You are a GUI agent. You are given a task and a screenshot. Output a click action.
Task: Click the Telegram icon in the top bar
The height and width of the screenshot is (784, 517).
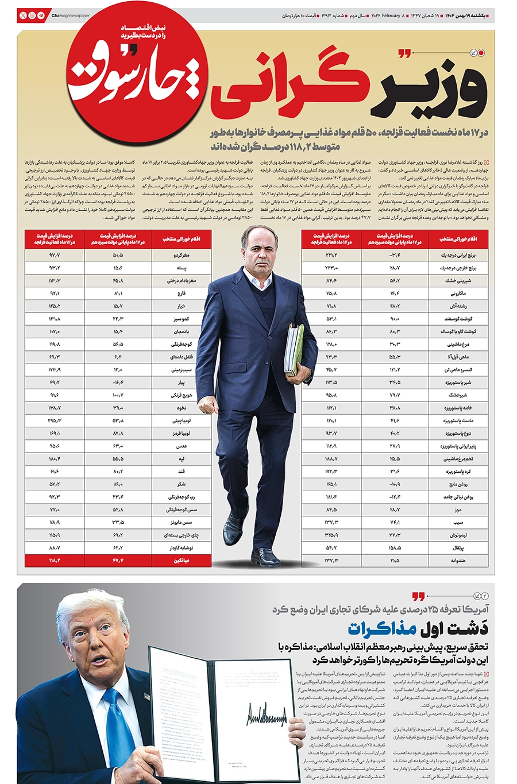point(41,16)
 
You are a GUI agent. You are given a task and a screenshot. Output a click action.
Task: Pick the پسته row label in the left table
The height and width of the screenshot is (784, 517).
point(181,268)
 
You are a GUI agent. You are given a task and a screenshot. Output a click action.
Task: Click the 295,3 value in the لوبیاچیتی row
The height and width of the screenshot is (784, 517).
point(55,420)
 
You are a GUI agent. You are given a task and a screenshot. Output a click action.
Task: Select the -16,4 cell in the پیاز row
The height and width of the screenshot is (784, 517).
point(118,382)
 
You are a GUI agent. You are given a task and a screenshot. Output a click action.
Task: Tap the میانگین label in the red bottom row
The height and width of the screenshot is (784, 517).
point(180,560)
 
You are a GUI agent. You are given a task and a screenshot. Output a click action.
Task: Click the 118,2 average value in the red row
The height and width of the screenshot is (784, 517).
point(55,560)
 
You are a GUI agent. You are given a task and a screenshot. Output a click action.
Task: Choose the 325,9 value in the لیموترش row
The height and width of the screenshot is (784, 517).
point(331,535)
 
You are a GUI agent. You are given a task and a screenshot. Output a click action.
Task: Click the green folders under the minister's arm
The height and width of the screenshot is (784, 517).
point(294,349)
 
